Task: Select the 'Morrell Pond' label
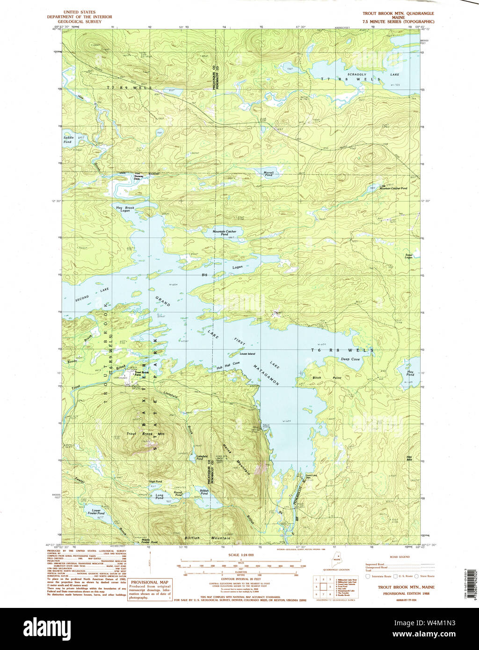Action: pyautogui.click(x=269, y=174)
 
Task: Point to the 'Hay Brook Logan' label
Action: pyautogui.click(x=122, y=209)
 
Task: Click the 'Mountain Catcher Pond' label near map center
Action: pyautogui.click(x=225, y=233)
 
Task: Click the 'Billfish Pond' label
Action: pyautogui.click(x=204, y=492)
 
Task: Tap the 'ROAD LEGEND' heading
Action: pyautogui.click(x=400, y=557)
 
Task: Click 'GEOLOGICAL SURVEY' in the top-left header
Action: pyautogui.click(x=80, y=22)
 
